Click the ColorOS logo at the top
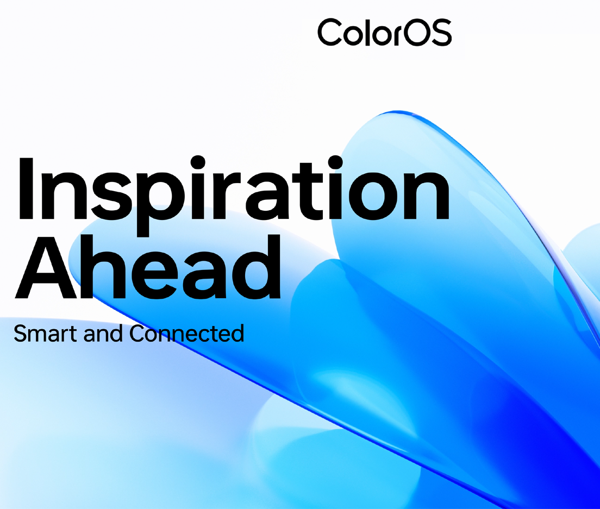pyautogui.click(x=385, y=32)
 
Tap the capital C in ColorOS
pyautogui.click(x=330, y=33)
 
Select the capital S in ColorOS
pyautogui.click(x=440, y=33)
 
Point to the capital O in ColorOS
pyautogui.click(x=415, y=33)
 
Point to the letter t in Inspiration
pyautogui.click(x=307, y=191)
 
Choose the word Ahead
pyautogui.click(x=148, y=267)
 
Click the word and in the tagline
pyautogui.click(x=103, y=332)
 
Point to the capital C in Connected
pyautogui.click(x=137, y=333)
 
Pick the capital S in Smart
pyautogui.click(x=20, y=333)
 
